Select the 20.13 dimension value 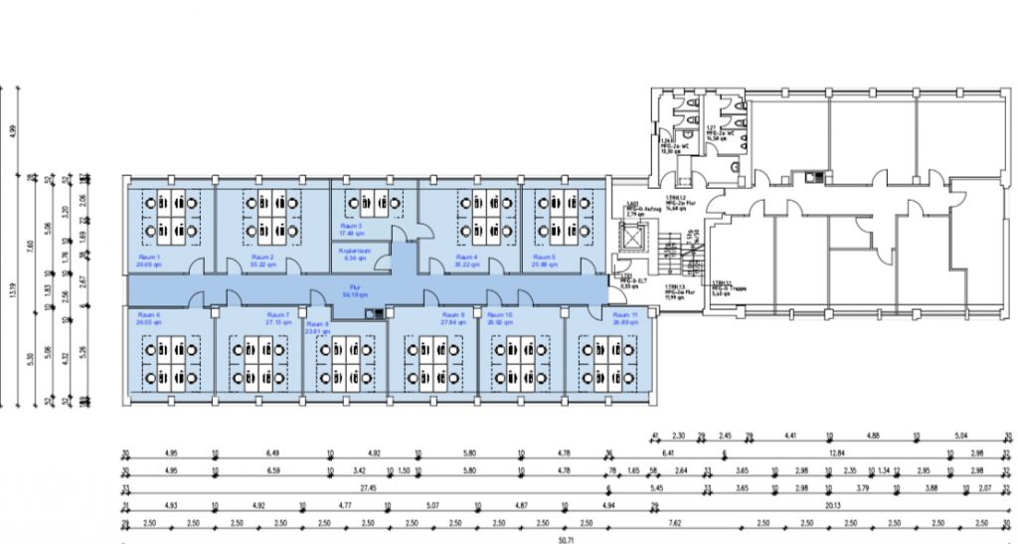pos(832,504)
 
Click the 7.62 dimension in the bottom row pos(674,521)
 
